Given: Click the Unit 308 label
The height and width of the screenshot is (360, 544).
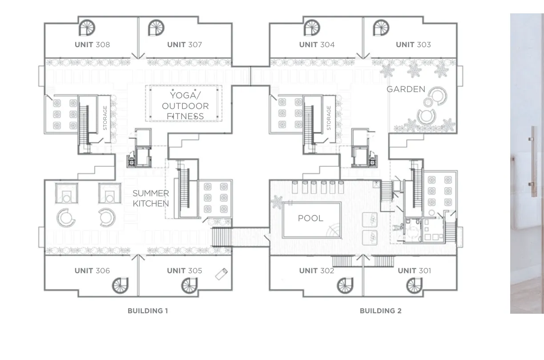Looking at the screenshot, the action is point(92,44).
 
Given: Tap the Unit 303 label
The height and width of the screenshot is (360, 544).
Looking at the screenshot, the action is point(413,44).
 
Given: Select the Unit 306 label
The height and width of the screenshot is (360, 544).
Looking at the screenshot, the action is point(92,271).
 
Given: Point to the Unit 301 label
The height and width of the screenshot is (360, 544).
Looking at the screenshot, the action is point(414,271).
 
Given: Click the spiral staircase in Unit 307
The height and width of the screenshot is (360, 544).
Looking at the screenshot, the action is point(157,28).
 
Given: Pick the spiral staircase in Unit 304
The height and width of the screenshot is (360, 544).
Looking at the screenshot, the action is point(312,28).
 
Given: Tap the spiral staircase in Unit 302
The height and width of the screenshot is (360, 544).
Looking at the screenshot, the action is point(345,285).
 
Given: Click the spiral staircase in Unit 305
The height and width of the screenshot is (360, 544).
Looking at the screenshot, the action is point(189,285).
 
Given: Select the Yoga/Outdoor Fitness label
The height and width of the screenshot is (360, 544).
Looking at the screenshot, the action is point(185,106).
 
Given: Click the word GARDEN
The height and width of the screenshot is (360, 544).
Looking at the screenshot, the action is point(406,89).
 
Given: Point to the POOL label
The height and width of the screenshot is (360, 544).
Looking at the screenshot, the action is point(310,218).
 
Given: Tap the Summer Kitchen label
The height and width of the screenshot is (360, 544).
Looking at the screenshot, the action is point(151,198).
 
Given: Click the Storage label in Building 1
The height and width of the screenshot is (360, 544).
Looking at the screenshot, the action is point(105,118).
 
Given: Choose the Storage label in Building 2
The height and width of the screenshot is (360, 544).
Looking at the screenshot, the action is point(329,118).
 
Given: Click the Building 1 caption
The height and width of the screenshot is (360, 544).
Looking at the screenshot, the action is point(148,311).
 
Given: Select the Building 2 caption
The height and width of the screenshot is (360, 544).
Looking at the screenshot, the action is point(381,311).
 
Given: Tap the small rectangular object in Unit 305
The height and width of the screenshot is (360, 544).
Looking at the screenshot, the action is point(222,274).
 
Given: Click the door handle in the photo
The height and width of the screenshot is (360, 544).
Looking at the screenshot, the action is point(534,162).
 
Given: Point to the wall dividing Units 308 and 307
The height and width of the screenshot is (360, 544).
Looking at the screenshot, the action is point(138,38).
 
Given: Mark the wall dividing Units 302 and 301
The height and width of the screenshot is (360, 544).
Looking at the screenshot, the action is point(363,276).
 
